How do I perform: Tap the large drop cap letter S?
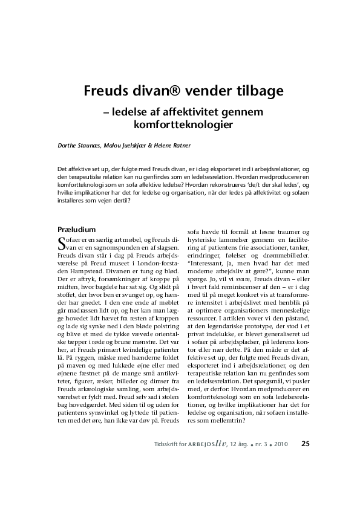pos(59,244)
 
